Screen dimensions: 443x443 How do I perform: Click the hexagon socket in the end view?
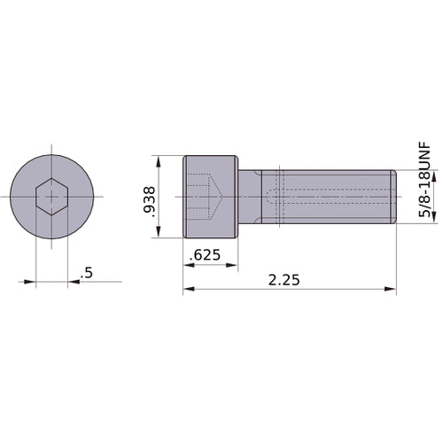tap(52, 197)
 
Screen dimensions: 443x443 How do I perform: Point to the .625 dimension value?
tap(205, 257)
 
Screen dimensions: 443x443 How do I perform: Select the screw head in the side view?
tap(211, 197)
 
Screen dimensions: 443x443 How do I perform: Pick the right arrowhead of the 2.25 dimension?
tap(391, 290)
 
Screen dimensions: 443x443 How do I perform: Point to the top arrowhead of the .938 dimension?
tap(159, 162)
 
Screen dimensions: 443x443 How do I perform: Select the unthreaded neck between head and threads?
tap(251, 197)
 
